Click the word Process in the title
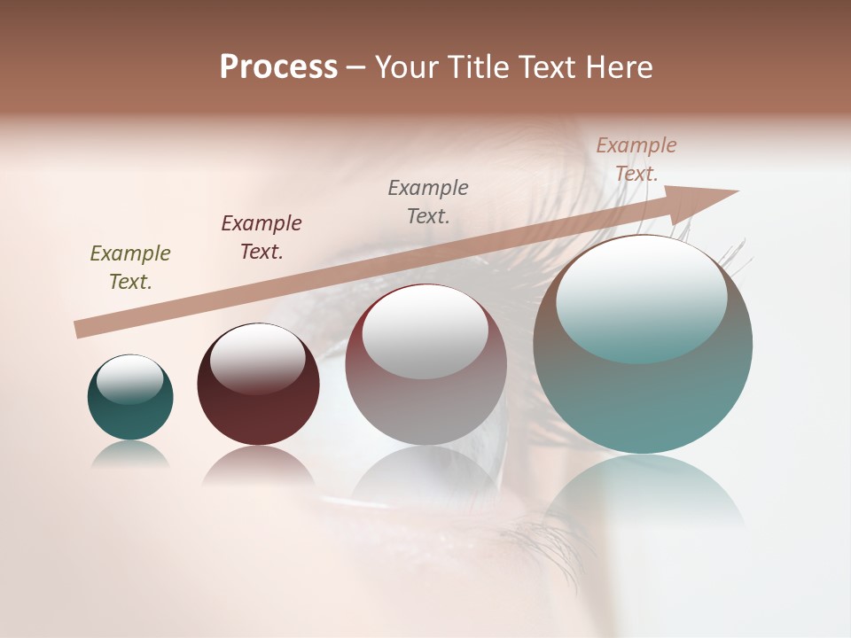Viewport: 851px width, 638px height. pos(278,67)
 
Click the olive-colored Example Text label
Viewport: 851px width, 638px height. pos(130,268)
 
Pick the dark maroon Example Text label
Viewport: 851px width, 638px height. pos(262,237)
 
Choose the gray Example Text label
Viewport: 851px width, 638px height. pos(428,202)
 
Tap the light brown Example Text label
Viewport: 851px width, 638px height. pos(636,159)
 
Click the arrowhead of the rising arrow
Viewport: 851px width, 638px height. pos(700,202)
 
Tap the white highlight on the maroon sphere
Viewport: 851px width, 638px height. pos(257,354)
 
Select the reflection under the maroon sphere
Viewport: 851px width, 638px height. pos(258,465)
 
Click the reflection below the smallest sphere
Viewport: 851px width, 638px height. pos(130,454)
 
